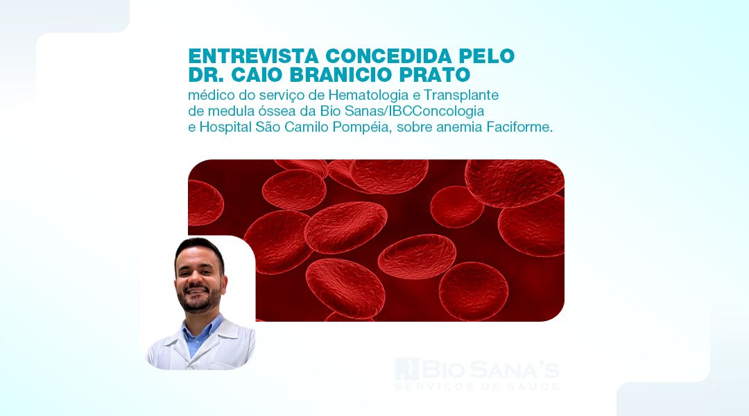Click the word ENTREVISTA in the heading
click(x=253, y=56)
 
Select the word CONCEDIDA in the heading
click(x=388, y=56)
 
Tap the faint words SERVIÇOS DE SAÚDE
click(x=476, y=386)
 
